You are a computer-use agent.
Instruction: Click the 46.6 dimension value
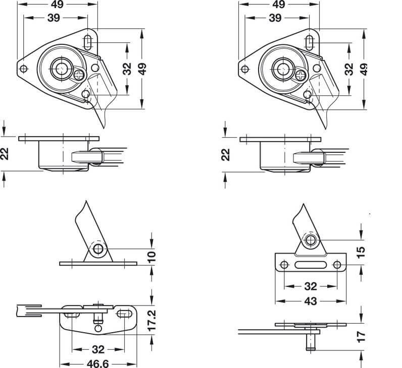97,363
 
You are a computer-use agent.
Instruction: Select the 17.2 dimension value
152,321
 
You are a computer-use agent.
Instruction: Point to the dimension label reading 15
361,252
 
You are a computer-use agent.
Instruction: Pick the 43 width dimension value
311,301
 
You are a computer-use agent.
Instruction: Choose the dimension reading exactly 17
361,337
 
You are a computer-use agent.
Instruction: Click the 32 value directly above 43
311,286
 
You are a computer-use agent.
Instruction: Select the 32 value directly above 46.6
98,349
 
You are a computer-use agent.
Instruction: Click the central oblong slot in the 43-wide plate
311,265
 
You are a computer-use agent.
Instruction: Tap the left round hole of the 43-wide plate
284,265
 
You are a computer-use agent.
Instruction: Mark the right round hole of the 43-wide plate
337,265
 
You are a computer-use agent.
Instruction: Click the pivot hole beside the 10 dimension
98,249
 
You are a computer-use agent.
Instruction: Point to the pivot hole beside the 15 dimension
311,240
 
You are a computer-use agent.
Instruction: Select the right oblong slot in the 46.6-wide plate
125,314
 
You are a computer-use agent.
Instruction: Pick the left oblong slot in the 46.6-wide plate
72,314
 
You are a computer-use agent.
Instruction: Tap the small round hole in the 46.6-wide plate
98,328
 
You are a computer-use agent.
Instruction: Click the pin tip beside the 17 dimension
311,348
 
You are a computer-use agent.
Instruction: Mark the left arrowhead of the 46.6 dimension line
63,364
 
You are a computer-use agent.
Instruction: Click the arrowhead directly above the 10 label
152,244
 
